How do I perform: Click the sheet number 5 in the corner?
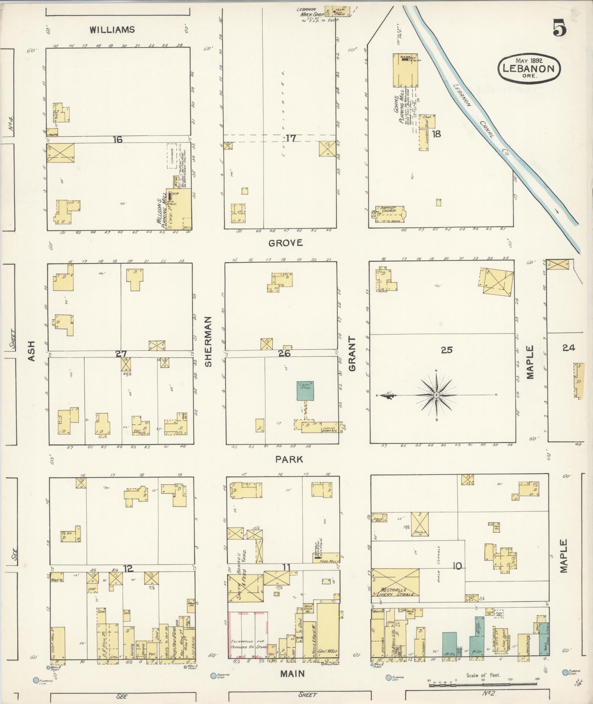(x=559, y=29)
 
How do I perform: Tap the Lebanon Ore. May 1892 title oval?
(x=529, y=67)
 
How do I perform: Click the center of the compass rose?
(x=436, y=395)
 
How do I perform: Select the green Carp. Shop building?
(x=306, y=390)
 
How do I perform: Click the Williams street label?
(x=112, y=30)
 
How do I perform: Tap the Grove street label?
(x=285, y=243)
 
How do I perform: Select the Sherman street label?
(x=208, y=341)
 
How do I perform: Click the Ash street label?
(x=31, y=350)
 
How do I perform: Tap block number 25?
(x=447, y=350)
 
